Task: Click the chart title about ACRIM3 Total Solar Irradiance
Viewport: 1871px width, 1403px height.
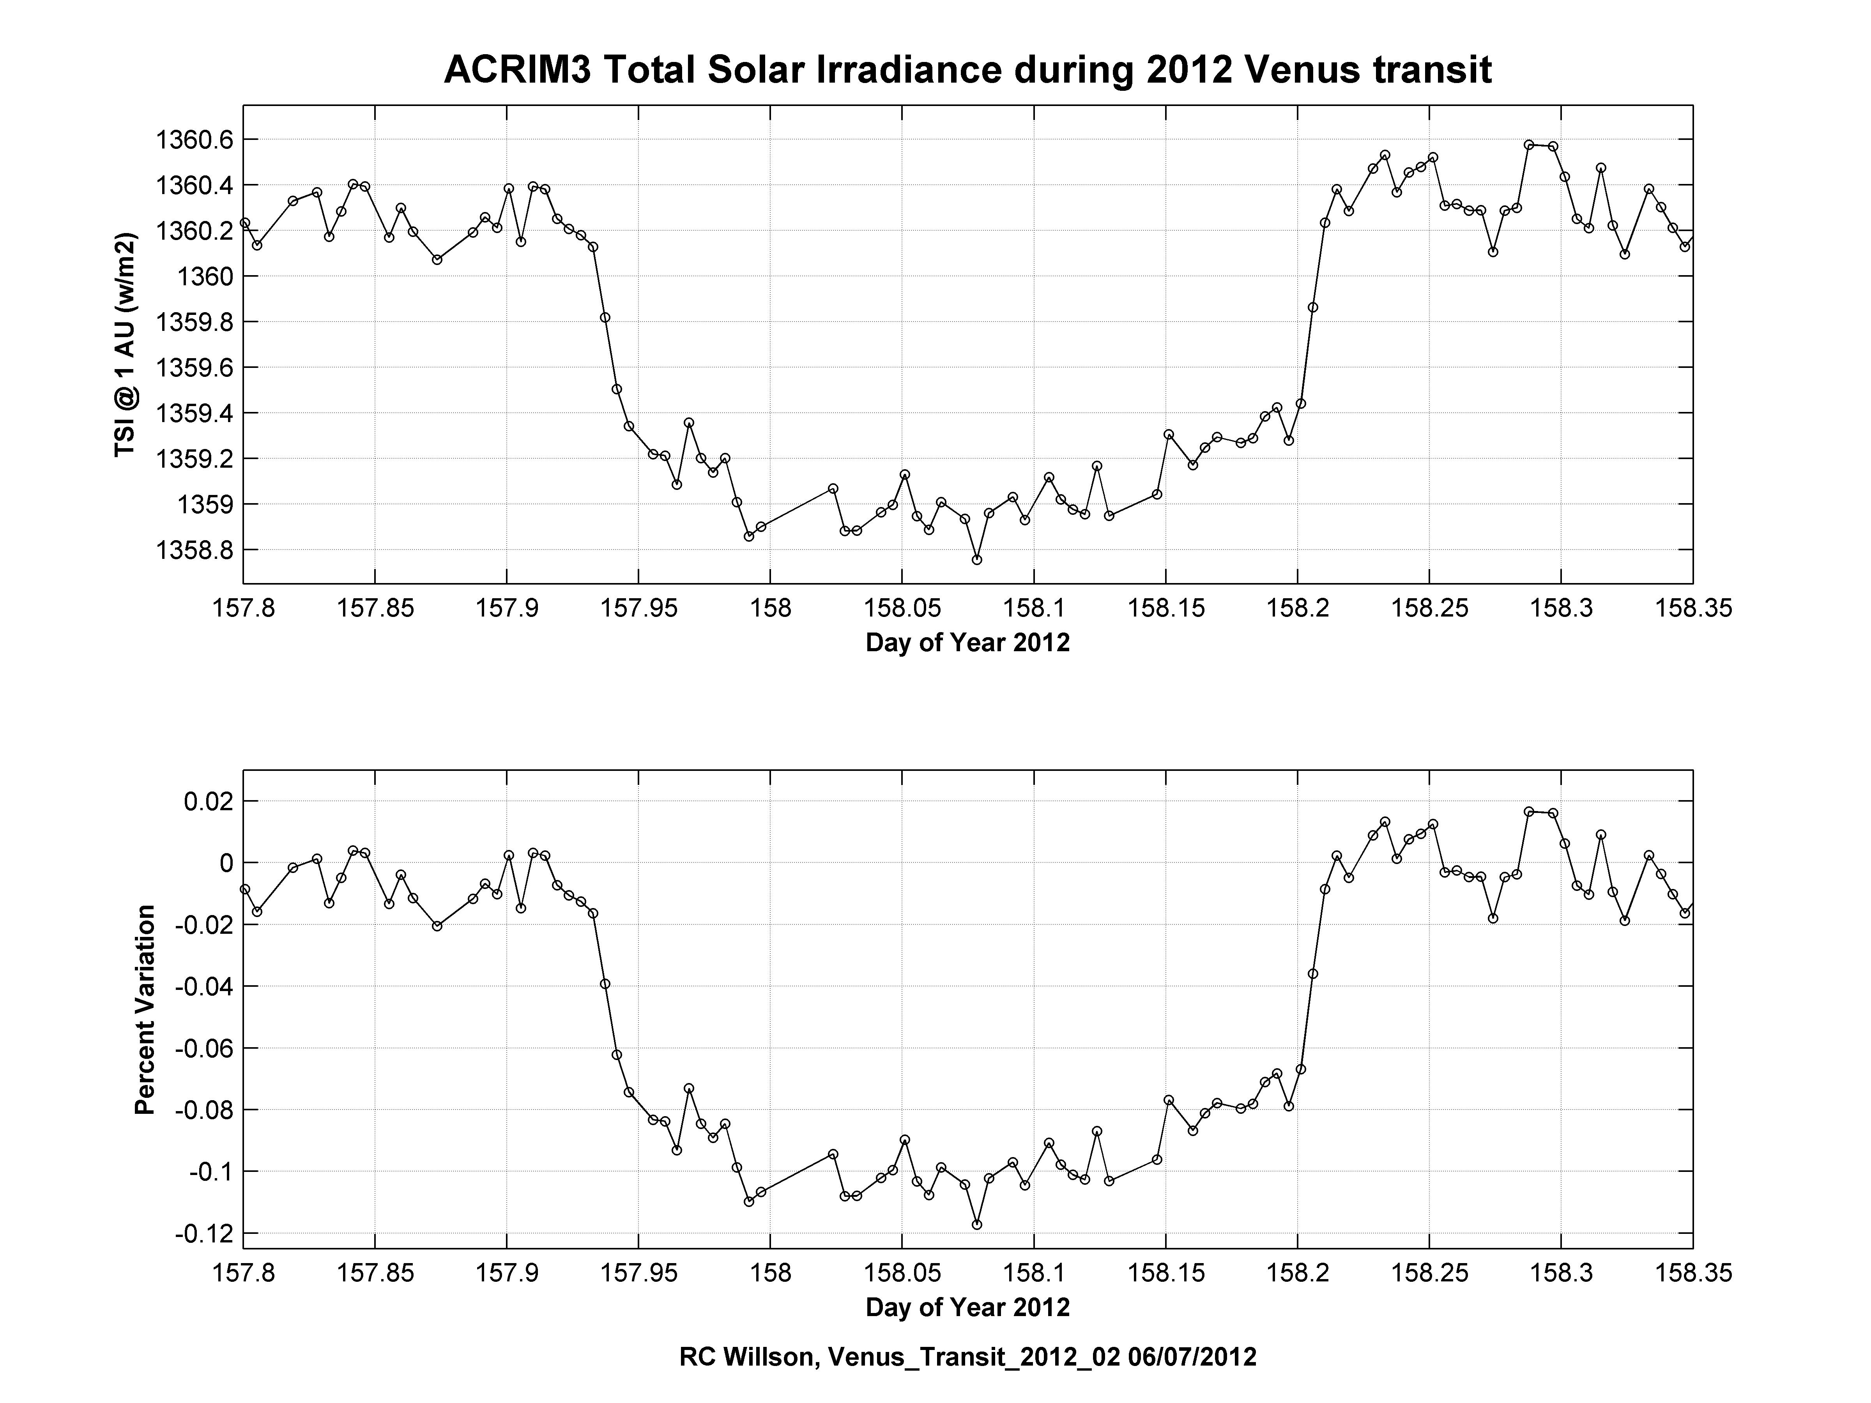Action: [x=967, y=70]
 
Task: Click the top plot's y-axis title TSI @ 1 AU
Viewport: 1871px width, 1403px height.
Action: [x=125, y=345]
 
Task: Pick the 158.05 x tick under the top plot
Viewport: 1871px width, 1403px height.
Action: [x=902, y=609]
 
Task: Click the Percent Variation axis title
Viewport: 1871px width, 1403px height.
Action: [x=145, y=1010]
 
